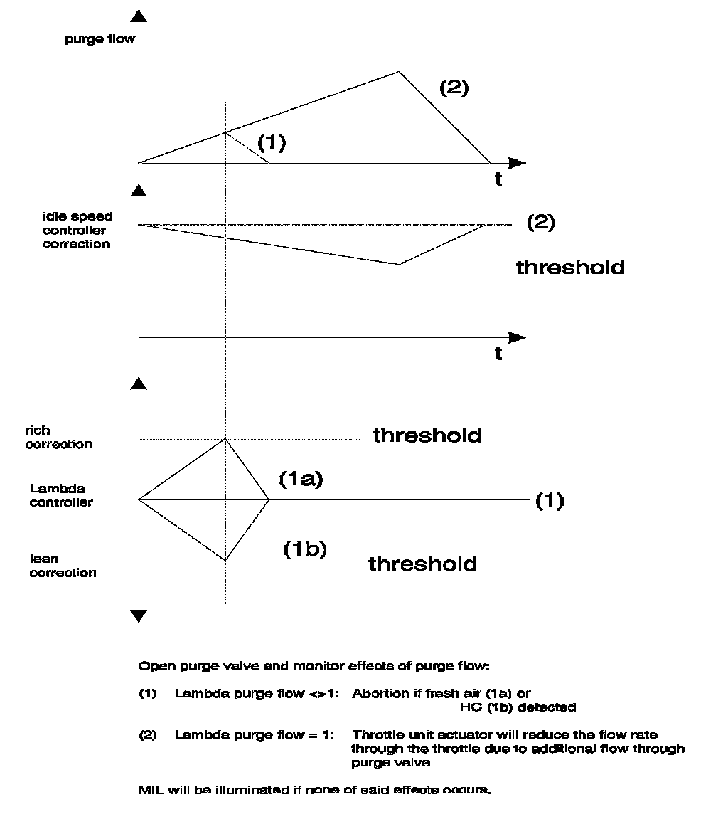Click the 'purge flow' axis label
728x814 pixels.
click(x=100, y=38)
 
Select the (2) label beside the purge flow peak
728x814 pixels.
click(x=454, y=89)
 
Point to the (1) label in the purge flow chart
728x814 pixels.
click(x=272, y=143)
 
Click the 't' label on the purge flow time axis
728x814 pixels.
click(x=498, y=180)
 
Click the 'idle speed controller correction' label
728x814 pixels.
click(x=77, y=230)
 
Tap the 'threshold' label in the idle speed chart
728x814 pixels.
click(x=570, y=267)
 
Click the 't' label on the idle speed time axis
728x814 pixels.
click(x=498, y=353)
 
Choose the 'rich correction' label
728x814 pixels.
click(x=59, y=438)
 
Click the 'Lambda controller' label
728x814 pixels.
click(x=61, y=495)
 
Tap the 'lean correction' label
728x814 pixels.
click(x=63, y=566)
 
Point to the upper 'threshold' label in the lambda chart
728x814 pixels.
click(x=427, y=435)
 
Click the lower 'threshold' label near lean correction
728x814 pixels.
click(x=423, y=564)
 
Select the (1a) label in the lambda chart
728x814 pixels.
click(x=301, y=480)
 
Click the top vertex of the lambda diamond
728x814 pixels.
click(x=225, y=438)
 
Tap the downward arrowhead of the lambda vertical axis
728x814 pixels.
click(x=139, y=616)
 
